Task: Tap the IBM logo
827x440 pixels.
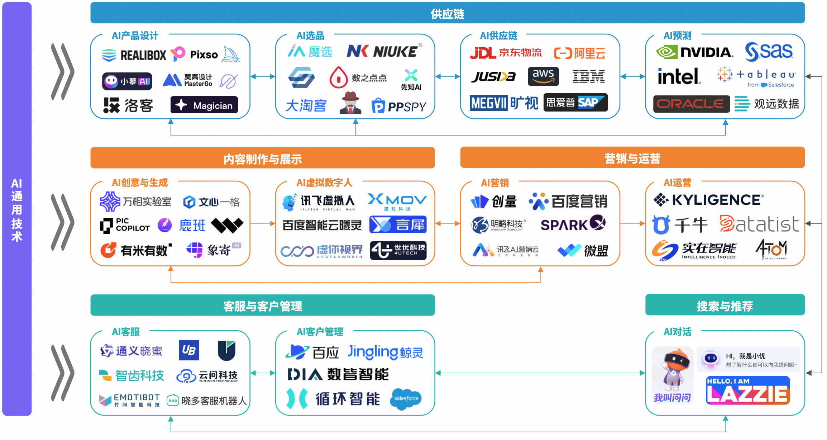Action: click(x=588, y=76)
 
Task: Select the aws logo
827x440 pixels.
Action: click(x=543, y=76)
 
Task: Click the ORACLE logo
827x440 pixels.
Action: click(x=691, y=104)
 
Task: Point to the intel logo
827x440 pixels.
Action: click(x=679, y=76)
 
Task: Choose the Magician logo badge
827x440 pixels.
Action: click(x=204, y=105)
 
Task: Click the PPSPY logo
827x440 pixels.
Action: click(x=399, y=106)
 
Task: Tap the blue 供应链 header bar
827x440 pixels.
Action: click(x=447, y=13)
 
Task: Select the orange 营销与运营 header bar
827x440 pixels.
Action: click(x=632, y=158)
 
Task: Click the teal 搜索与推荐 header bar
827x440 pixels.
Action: click(x=725, y=306)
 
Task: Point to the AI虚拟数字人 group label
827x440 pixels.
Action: click(x=324, y=183)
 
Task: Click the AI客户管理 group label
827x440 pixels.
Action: click(x=320, y=332)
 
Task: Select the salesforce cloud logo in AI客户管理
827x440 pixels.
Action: click(x=406, y=398)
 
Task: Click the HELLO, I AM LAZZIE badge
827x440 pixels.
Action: click(x=747, y=390)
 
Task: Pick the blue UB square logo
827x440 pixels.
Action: click(x=189, y=350)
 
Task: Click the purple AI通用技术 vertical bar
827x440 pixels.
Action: click(x=17, y=209)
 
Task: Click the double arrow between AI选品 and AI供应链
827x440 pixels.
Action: click(x=448, y=76)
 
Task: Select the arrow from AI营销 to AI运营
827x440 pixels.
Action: click(x=632, y=223)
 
